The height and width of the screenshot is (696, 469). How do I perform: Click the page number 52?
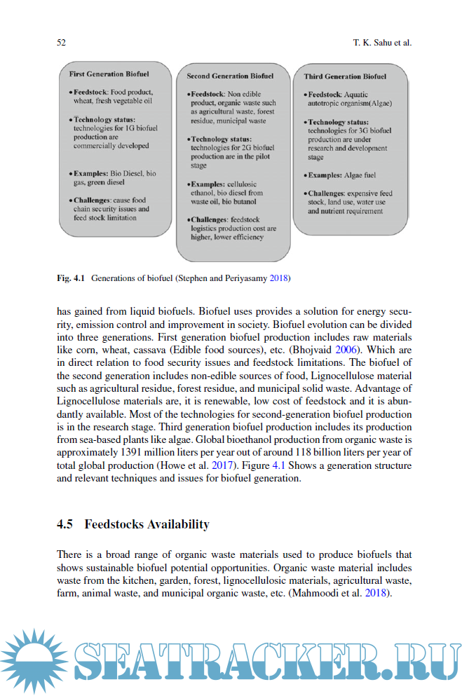61,43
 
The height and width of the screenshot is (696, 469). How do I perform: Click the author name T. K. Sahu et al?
382,43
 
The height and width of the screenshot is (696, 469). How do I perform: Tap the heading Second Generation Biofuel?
230,76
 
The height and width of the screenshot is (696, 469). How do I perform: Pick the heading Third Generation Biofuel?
345,76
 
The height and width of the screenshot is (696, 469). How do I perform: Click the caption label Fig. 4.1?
71,278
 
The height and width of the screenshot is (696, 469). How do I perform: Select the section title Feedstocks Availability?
147,524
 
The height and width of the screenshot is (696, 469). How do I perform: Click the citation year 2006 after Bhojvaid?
361,349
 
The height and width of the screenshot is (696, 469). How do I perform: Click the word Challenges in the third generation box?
327,193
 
